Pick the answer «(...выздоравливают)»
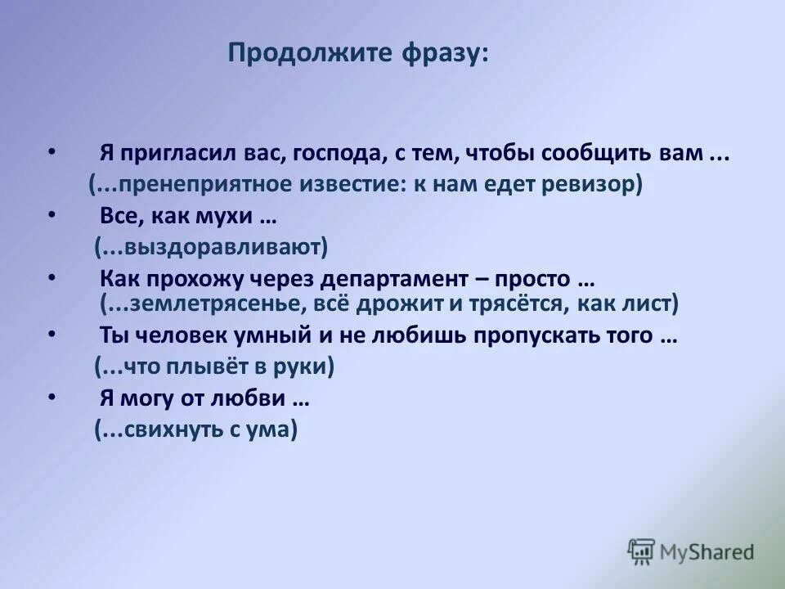click(211, 246)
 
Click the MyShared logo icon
click(641, 551)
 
